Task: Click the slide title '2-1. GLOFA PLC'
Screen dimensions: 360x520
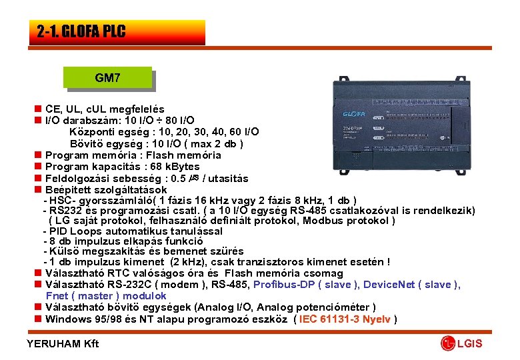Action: (x=81, y=31)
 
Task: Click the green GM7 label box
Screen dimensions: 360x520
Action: (x=108, y=78)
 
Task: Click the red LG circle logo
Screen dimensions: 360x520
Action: (x=447, y=344)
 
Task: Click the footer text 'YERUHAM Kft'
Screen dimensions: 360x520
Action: (x=62, y=344)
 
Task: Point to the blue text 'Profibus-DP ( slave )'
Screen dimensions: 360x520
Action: (x=307, y=285)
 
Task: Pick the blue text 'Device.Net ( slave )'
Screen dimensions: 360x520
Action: (x=411, y=285)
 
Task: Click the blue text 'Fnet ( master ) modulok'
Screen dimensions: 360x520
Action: (x=106, y=295)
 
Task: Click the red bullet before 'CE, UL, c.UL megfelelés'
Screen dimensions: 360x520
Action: (x=38, y=109)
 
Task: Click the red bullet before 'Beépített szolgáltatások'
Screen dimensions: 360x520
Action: (x=38, y=190)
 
